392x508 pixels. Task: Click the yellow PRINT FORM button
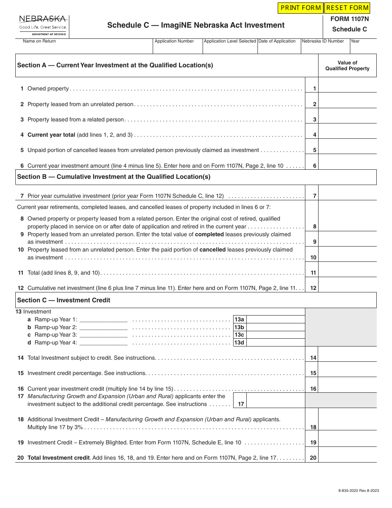(300, 8)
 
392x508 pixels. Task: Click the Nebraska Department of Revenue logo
(43, 26)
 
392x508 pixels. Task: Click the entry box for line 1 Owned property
(347, 88)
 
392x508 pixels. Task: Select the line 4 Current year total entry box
(347, 135)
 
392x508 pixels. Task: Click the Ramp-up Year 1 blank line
(103, 320)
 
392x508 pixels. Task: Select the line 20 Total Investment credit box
(347, 458)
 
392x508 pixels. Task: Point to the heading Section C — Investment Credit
(64, 300)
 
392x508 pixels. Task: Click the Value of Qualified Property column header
(347, 66)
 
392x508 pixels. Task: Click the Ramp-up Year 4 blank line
(103, 343)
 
